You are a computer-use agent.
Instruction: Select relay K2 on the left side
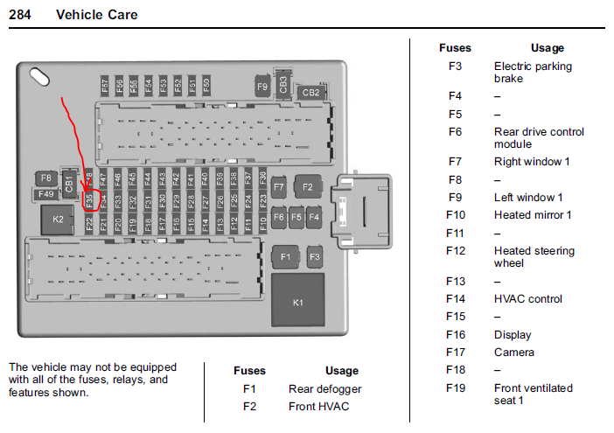(58, 219)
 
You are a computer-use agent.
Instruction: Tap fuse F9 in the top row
(262, 87)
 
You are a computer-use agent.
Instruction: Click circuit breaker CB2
(310, 92)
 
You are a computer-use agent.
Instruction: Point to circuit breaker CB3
(283, 84)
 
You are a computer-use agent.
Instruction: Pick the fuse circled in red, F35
(89, 200)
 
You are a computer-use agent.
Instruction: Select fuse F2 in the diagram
(308, 186)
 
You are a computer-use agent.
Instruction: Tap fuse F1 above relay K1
(283, 257)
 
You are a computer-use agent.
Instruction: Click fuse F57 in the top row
(105, 85)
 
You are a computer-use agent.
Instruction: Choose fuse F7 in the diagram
(279, 186)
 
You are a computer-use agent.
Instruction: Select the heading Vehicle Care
(96, 15)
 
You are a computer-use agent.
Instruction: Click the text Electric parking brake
(533, 72)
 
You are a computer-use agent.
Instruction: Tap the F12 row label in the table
(455, 251)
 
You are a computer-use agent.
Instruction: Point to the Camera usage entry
(513, 353)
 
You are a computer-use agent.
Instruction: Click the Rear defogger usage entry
(324, 388)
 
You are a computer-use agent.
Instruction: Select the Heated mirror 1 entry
(533, 215)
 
